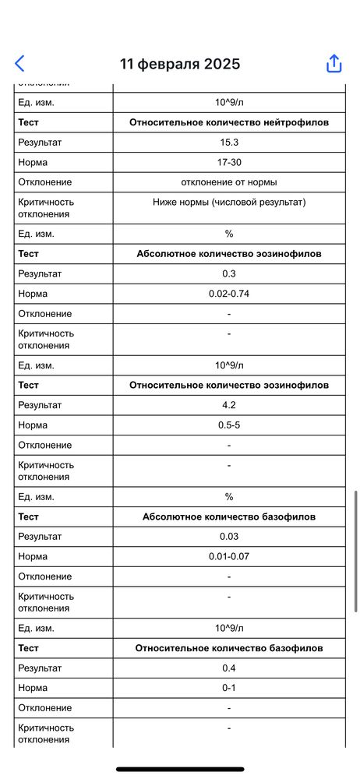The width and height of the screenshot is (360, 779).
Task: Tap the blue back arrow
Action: pos(19,64)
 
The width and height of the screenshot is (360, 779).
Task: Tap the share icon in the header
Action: pos(334,64)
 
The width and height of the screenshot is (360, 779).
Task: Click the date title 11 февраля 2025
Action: pos(180,64)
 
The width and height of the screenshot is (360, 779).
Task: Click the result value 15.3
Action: pos(229,143)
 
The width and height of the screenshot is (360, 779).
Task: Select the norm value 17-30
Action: pos(229,162)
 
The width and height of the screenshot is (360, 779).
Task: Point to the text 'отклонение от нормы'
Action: pos(229,182)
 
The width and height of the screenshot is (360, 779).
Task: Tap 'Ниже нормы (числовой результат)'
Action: pos(229,203)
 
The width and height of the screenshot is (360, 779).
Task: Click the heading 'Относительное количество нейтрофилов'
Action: pos(229,122)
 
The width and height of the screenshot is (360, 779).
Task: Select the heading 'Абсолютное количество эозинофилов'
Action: pos(229,254)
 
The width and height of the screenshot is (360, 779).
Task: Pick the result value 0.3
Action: pos(229,274)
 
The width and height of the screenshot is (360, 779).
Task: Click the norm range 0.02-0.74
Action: pos(229,294)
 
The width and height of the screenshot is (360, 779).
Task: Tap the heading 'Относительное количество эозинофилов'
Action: pos(229,386)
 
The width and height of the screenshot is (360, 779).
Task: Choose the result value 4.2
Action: pos(229,405)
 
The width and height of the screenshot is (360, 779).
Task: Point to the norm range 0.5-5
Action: pos(229,425)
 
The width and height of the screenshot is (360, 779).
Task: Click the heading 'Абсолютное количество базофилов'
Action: pos(229,517)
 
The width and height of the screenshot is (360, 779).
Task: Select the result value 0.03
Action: pos(229,537)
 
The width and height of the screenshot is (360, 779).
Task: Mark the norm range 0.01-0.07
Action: pos(229,557)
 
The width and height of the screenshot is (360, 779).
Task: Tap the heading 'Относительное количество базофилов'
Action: pos(229,648)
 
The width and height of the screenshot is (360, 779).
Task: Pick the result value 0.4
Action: pos(229,668)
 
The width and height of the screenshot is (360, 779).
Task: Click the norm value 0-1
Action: pos(229,689)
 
